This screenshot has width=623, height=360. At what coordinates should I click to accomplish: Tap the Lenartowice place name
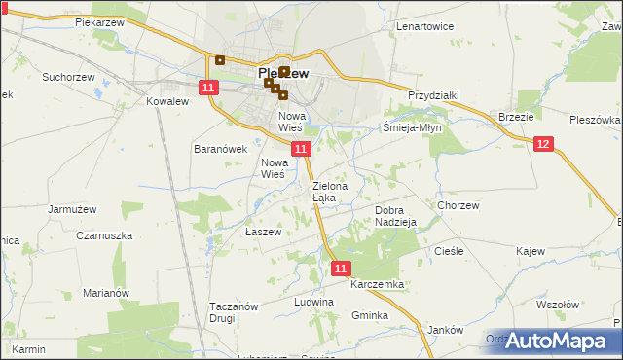425,26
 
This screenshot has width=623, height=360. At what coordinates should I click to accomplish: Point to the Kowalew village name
165,101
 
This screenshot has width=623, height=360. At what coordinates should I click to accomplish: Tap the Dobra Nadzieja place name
395,216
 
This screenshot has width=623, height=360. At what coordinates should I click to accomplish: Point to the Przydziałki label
433,95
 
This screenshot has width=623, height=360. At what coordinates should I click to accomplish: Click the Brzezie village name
516,116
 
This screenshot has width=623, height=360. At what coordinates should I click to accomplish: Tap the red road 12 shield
543,144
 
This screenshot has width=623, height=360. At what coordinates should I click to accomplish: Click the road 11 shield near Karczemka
340,267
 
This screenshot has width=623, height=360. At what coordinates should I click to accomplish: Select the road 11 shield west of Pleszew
208,88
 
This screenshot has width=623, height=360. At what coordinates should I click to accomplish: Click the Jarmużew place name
72,208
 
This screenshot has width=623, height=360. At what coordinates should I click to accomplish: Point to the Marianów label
106,293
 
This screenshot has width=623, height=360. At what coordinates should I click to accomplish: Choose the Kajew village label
530,251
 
